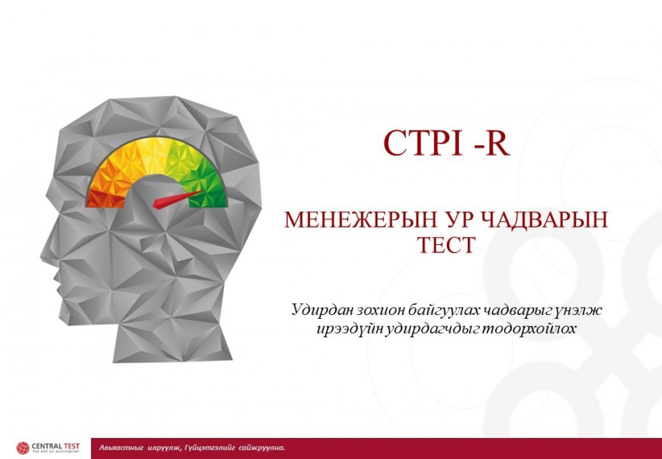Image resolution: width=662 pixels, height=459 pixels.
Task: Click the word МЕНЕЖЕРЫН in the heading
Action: point(360,220)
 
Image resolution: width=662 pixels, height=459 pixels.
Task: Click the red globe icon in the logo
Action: point(23,448)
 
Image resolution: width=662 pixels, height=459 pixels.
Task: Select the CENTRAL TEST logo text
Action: point(56,446)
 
